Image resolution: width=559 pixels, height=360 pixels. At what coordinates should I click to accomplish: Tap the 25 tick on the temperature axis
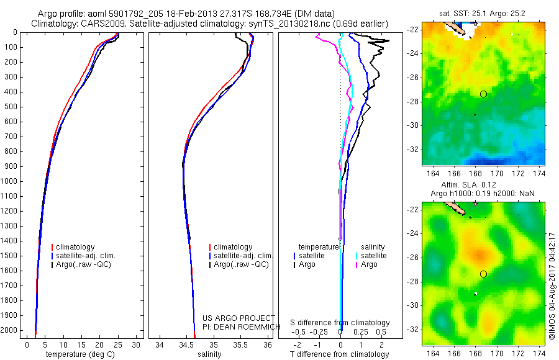118,344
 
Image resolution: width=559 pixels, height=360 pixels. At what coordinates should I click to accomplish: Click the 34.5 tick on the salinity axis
186,344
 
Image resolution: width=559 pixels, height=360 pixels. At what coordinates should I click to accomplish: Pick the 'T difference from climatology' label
339,354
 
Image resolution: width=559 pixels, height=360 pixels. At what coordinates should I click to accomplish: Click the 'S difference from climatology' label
340,323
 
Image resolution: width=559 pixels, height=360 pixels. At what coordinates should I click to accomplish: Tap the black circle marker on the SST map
483,94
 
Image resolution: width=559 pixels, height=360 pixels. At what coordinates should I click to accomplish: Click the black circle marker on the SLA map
483,274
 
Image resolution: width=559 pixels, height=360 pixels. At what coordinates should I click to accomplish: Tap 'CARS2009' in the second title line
94,23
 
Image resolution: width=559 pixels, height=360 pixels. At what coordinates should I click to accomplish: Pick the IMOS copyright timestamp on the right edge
552,286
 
